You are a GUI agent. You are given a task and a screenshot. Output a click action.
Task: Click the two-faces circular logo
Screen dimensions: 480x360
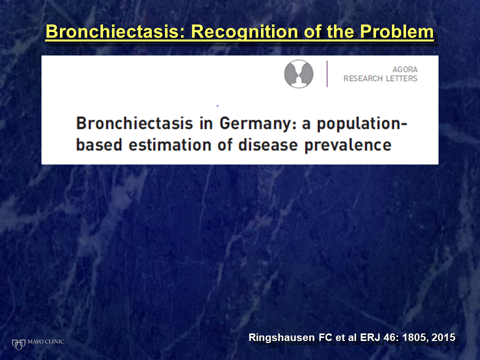click(x=299, y=74)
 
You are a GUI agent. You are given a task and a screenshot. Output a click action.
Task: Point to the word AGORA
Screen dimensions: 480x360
click(x=405, y=69)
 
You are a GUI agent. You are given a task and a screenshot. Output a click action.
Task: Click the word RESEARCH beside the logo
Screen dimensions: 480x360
click(x=363, y=78)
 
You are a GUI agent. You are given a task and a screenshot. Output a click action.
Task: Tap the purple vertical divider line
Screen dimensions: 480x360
click(x=327, y=74)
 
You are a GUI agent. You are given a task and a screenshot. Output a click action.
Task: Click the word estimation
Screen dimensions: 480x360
click(x=170, y=145)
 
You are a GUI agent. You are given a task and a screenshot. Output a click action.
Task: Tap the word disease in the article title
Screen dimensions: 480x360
click(x=268, y=145)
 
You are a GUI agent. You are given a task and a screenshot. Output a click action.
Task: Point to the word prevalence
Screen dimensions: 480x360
click(x=348, y=145)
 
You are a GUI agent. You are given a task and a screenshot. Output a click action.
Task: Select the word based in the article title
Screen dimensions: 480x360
click(x=99, y=145)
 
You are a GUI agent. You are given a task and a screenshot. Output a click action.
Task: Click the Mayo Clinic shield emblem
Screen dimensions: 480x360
click(x=18, y=344)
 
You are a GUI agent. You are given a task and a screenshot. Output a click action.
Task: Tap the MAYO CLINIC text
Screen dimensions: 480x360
click(x=45, y=341)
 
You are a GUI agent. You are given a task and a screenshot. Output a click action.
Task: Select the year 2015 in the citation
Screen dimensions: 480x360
click(x=443, y=337)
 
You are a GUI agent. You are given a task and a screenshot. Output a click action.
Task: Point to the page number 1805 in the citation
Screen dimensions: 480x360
click(x=415, y=337)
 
